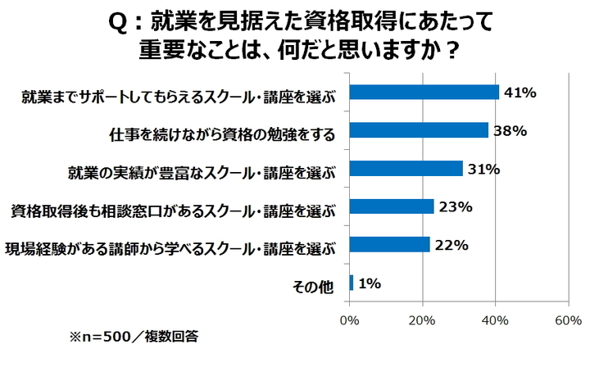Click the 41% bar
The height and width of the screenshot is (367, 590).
point(424,92)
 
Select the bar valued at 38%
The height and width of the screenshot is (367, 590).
point(419,130)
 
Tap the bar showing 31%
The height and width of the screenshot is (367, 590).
point(406,169)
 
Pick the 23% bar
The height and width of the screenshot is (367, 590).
point(392,206)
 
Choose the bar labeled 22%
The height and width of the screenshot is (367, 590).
point(390,244)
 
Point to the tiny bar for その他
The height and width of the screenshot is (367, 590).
point(352,283)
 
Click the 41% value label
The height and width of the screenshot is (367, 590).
point(520,93)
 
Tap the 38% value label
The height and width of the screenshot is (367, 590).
point(510,131)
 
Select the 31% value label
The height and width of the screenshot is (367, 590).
point(484,170)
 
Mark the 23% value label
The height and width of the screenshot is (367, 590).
point(456,207)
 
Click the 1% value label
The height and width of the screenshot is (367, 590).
point(370,283)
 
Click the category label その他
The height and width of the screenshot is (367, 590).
point(314,285)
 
